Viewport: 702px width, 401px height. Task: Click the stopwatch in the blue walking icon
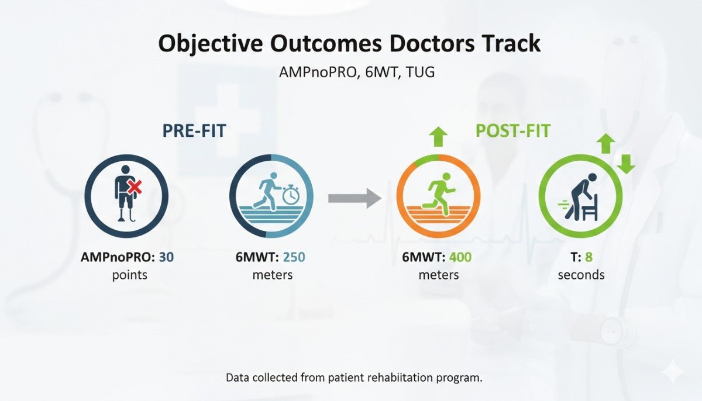[x=290, y=196]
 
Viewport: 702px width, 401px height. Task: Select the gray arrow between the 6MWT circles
[x=355, y=198]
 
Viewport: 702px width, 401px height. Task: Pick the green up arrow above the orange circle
[x=438, y=137]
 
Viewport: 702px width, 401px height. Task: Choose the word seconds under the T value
[x=580, y=274]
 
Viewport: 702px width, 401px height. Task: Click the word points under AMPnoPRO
[x=129, y=274]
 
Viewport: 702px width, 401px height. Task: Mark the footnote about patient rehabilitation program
[x=354, y=378]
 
